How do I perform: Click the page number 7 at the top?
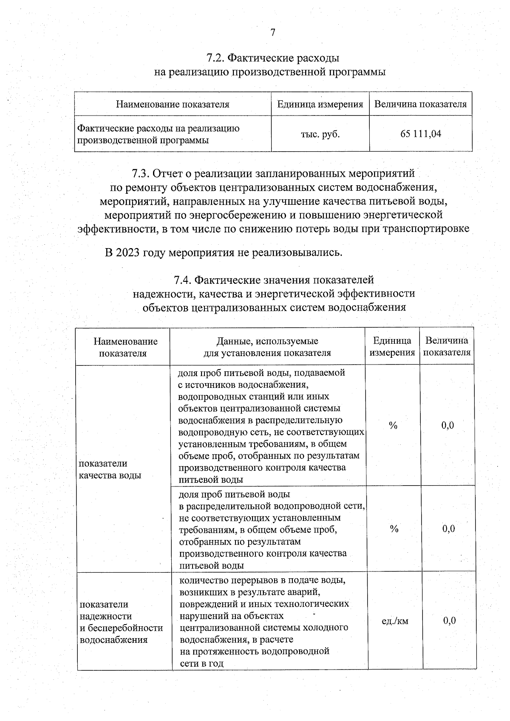pos(273,33)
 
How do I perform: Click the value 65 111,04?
pos(420,134)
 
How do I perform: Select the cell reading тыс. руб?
pos(320,134)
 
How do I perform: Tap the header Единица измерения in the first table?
pos(320,104)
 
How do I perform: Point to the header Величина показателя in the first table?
pos(420,104)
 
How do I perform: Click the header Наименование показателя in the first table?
pos(173,104)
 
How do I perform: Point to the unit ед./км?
pos(395,621)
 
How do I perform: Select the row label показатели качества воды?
pos(110,469)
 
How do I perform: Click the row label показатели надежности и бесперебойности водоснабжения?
pos(121,622)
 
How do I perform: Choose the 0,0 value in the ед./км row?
pos(449,621)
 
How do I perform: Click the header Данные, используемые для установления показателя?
pos(267,347)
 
